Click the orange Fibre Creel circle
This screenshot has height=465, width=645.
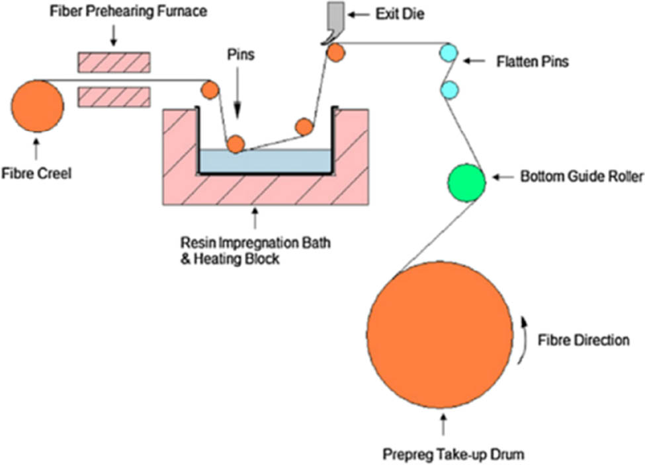[x=37, y=105]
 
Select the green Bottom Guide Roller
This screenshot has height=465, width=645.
[x=466, y=182]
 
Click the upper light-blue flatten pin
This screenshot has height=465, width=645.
[x=449, y=53]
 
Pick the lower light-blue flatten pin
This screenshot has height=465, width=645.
[x=449, y=89]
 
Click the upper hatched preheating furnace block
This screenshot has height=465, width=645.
[x=114, y=61]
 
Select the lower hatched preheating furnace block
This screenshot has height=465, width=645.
[x=114, y=96]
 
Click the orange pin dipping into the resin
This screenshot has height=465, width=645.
[x=236, y=143]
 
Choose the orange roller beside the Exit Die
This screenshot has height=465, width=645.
[x=336, y=52]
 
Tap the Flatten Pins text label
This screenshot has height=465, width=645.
[x=533, y=63]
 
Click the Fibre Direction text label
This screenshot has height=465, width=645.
[x=583, y=340]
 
